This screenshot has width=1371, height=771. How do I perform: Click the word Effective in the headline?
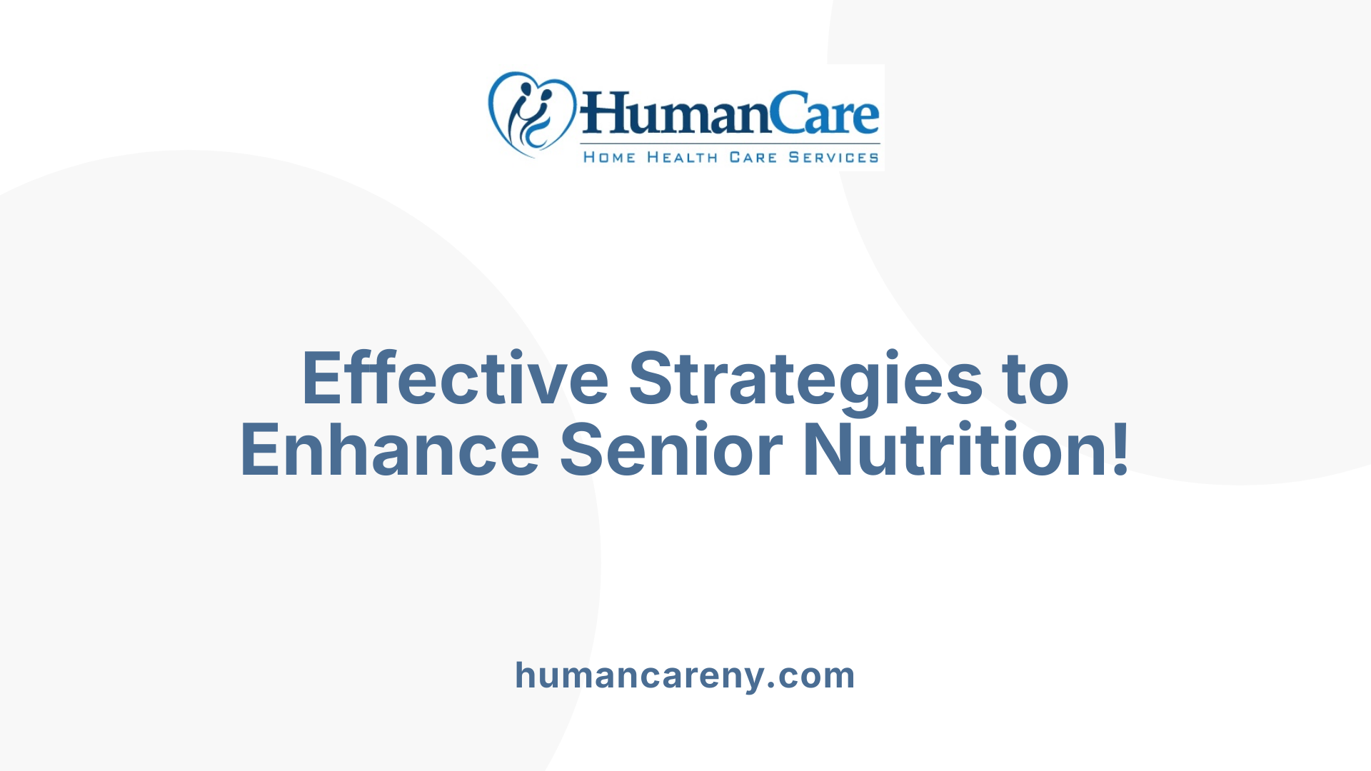click(x=455, y=378)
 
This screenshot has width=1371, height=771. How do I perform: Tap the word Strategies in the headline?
click(x=805, y=378)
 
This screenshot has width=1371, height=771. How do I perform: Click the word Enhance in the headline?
click(x=390, y=450)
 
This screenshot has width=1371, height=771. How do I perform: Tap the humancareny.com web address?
click(x=685, y=675)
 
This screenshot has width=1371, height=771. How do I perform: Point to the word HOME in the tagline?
click(x=609, y=157)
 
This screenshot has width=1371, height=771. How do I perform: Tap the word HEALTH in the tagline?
click(x=682, y=157)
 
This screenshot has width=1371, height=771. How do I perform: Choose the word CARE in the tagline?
click(x=753, y=157)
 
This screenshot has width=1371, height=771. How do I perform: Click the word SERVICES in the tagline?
click(x=833, y=157)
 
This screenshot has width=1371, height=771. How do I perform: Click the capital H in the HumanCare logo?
click(x=602, y=114)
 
